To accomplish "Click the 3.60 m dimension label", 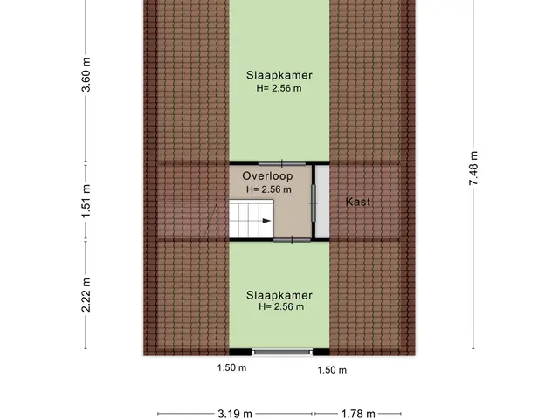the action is tap(86, 74).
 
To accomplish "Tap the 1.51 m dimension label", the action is tap(86, 201).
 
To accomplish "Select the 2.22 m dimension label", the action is tap(86, 295).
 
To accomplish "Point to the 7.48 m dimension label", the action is tap(473, 168).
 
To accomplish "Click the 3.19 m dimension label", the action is tap(235, 414).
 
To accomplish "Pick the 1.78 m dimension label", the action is tap(358, 414).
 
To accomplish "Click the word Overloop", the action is tap(267, 176).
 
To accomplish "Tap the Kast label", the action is tap(358, 202).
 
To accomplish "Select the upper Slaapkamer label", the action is tap(279, 75).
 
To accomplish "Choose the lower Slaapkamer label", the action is tap(279, 295).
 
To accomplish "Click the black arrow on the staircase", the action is tap(266, 221).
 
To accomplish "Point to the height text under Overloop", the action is tap(269, 189).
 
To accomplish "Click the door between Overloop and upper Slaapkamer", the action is tap(282, 164).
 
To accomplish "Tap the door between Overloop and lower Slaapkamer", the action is tap(292, 241).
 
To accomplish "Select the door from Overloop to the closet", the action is tap(314, 203).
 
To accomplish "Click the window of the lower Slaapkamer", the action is tap(282, 353).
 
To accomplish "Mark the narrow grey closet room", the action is tap(322, 202).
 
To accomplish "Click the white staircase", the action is tap(251, 219).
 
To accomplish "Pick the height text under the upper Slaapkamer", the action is tap(279, 88).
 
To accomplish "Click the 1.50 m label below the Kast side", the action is tap(332, 370).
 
